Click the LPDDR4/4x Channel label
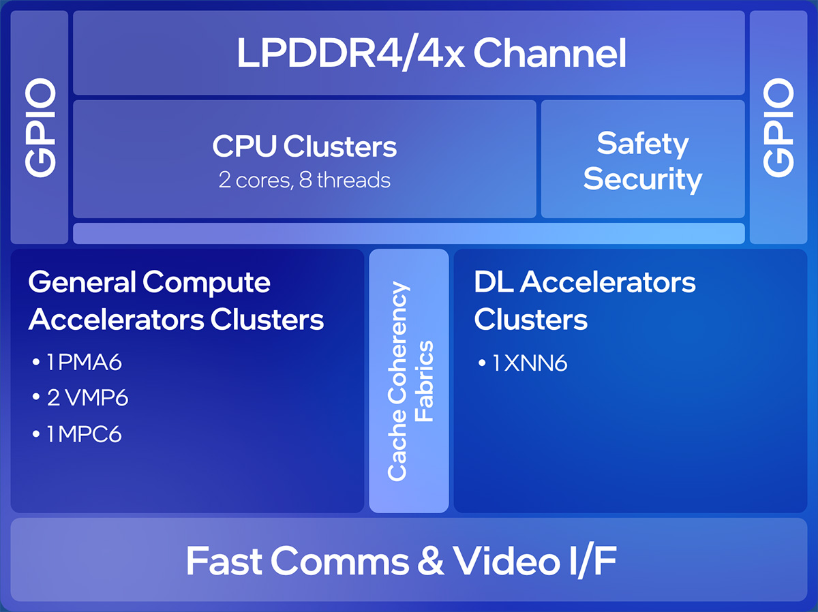(x=431, y=54)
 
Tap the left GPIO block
(x=40, y=127)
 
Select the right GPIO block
(x=778, y=127)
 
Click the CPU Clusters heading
(x=304, y=146)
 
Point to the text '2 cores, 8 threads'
(x=304, y=180)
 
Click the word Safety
(x=642, y=144)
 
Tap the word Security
(x=642, y=179)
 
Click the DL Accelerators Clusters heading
(x=584, y=301)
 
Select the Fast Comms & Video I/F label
(x=402, y=562)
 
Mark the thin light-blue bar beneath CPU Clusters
(x=408, y=233)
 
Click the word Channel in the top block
(x=549, y=54)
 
